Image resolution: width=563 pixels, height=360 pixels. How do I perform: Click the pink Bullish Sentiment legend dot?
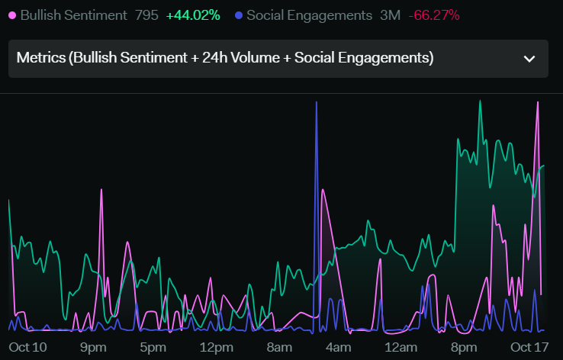tap(12, 15)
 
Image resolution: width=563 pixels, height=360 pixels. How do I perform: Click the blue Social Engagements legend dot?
tap(239, 15)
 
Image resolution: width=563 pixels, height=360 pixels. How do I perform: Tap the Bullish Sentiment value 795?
tap(146, 15)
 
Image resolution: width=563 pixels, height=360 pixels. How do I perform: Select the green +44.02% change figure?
tap(193, 15)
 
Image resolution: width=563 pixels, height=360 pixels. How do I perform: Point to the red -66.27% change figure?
tap(434, 15)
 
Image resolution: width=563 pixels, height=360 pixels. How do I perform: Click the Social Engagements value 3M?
tap(390, 15)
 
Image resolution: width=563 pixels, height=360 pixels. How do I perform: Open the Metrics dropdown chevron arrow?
tap(529, 59)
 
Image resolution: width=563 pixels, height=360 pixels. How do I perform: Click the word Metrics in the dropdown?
tap(41, 58)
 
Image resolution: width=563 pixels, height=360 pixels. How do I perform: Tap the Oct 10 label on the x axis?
tap(27, 348)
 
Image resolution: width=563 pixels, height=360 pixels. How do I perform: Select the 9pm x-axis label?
tap(93, 348)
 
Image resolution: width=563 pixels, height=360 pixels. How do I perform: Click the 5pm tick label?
tap(153, 348)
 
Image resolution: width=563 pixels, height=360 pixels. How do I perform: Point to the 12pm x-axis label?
tap(216, 348)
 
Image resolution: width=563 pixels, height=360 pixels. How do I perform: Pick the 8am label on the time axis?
tap(279, 348)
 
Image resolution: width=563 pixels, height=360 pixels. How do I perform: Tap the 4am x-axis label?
tap(338, 348)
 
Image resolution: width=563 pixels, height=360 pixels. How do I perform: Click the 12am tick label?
tap(401, 348)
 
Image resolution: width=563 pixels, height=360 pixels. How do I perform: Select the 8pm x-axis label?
tap(464, 348)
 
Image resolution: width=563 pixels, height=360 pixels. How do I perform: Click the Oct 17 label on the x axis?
tap(529, 348)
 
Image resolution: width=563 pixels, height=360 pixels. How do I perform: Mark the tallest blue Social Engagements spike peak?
tap(317, 102)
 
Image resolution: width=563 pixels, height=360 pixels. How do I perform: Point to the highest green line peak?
tap(480, 101)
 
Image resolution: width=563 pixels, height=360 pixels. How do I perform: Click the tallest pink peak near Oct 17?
tap(538, 102)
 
